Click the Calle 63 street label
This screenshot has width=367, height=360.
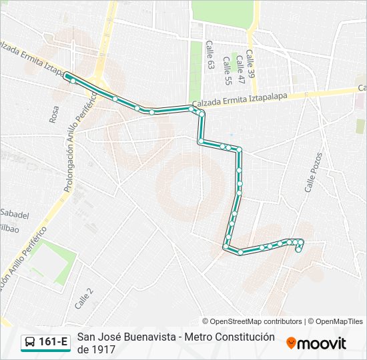[x=210, y=55]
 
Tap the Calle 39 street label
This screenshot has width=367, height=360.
[x=250, y=65]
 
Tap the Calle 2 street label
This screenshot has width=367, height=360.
[x=85, y=297]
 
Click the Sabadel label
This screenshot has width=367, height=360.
[x=15, y=215]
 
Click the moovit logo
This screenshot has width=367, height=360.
[x=316, y=343]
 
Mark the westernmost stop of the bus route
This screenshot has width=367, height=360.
[x=66, y=76]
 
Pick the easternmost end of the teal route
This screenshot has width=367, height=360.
[x=302, y=242]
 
